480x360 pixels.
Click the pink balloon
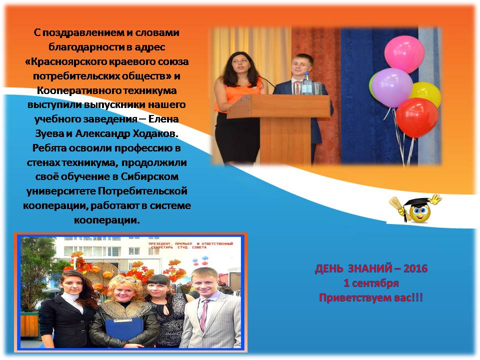coord(404,54)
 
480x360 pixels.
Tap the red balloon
coord(417,118)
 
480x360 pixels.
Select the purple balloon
coord(392,87)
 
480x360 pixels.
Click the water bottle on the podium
coord(306,83)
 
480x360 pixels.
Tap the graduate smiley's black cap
coord(415,202)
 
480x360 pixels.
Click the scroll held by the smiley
coord(398,205)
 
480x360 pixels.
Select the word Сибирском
coord(149,176)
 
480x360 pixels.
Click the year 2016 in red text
coord(415,268)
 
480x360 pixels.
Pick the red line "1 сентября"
coord(371,283)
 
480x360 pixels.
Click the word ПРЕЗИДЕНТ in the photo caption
coord(160,243)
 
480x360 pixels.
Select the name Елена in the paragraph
coord(163,119)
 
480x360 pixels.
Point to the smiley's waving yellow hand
coord(434,199)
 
